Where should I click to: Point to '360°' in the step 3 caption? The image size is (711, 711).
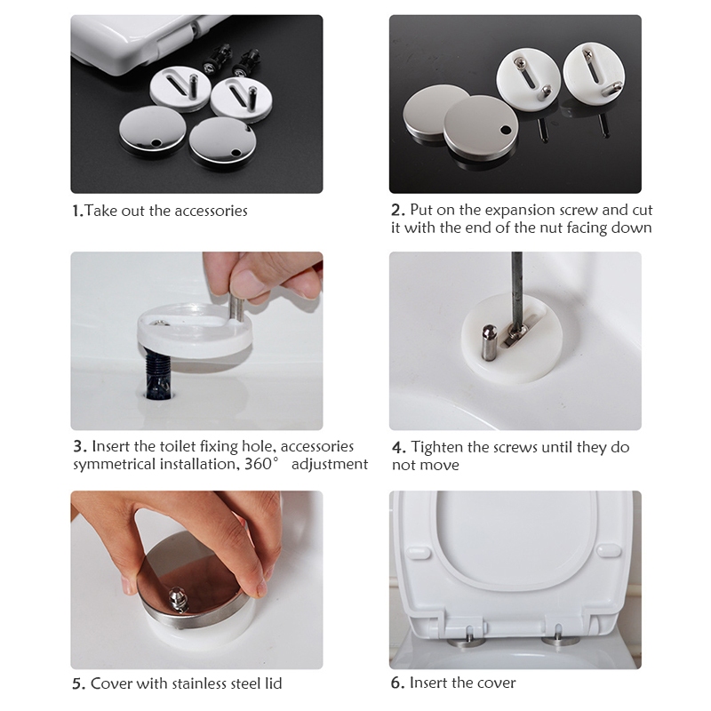[260, 464]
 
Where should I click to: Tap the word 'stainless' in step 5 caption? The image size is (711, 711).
[210, 683]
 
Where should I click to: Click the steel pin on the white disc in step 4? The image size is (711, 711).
[490, 341]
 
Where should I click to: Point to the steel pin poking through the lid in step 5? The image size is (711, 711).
[176, 599]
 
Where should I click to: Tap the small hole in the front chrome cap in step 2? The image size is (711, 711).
[506, 131]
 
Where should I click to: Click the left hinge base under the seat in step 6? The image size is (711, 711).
[466, 641]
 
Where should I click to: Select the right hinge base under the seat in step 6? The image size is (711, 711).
[561, 640]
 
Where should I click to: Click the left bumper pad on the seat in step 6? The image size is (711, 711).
[418, 553]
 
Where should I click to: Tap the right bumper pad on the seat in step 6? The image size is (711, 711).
[608, 550]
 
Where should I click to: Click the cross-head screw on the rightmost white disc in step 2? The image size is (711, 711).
[588, 54]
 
